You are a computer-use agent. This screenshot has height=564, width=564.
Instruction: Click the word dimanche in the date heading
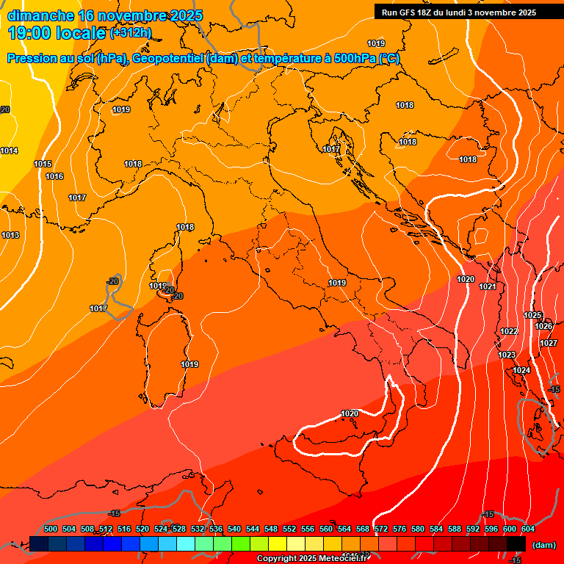click(x=40, y=15)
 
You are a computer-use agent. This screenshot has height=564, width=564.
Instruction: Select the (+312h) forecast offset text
click(x=131, y=33)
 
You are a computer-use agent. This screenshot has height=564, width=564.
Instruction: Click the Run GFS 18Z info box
click(x=458, y=12)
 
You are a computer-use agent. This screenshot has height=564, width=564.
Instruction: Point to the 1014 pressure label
click(x=9, y=151)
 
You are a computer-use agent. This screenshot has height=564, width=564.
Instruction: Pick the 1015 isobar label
click(x=43, y=164)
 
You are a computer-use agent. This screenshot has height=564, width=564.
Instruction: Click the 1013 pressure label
click(x=10, y=235)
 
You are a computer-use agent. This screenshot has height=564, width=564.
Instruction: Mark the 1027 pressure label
click(x=549, y=343)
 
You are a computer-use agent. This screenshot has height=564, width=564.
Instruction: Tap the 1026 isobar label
click(x=543, y=326)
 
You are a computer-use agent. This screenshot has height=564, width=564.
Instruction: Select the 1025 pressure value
click(x=532, y=315)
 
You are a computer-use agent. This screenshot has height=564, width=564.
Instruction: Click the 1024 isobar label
click(x=521, y=371)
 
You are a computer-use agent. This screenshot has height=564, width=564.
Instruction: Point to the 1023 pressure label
click(x=507, y=355)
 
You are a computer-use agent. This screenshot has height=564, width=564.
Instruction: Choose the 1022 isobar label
click(x=509, y=331)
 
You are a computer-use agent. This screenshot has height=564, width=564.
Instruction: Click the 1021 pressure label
click(x=487, y=286)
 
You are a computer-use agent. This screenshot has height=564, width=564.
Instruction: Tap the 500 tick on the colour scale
click(x=51, y=529)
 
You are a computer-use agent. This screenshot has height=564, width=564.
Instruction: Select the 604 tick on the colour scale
click(x=528, y=529)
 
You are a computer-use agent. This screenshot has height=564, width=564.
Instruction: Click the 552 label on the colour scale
click(x=289, y=529)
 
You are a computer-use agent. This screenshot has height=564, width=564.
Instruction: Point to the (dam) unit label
click(x=543, y=545)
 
